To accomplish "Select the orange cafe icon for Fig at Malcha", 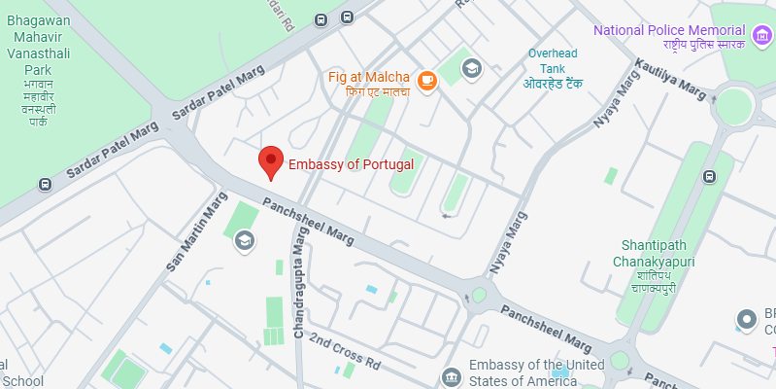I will (425, 77).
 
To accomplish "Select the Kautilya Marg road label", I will (669, 78).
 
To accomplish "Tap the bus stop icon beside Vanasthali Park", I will (44, 184).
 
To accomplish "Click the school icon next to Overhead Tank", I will (472, 68).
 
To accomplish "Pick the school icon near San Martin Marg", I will (244, 239).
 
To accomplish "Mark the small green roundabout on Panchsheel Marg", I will (479, 295).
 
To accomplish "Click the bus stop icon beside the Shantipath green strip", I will (710, 177).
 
